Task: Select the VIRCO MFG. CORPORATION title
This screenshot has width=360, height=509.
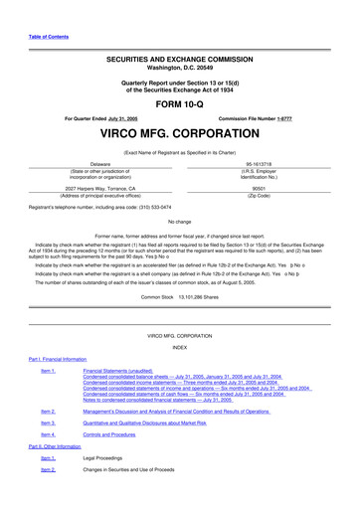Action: tap(180, 131)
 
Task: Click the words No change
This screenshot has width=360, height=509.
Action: tap(180, 221)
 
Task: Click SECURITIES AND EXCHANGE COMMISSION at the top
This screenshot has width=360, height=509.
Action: tap(180, 60)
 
